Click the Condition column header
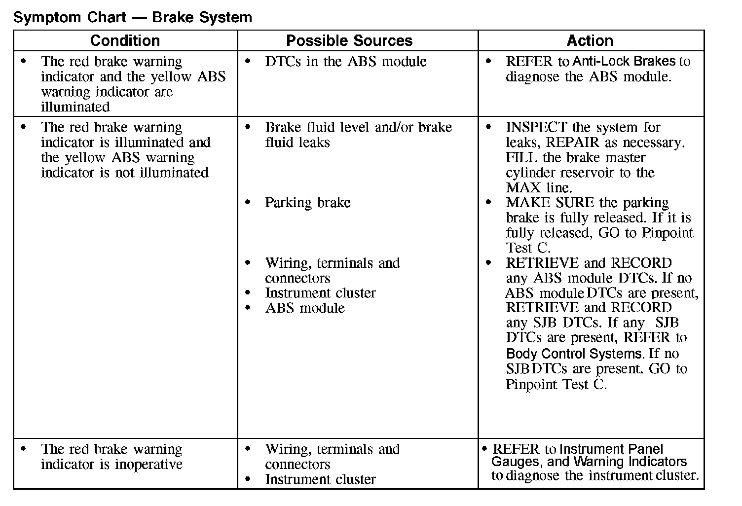click(125, 40)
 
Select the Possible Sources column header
click(349, 40)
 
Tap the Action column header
click(590, 40)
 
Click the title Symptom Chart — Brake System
click(133, 18)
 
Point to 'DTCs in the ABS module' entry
click(345, 62)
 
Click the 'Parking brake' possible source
click(307, 203)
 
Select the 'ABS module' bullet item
click(305, 308)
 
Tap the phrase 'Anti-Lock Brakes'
click(624, 62)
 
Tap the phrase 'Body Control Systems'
click(574, 354)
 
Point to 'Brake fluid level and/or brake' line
click(358, 127)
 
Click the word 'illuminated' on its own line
click(75, 107)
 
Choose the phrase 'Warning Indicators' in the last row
click(630, 462)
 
